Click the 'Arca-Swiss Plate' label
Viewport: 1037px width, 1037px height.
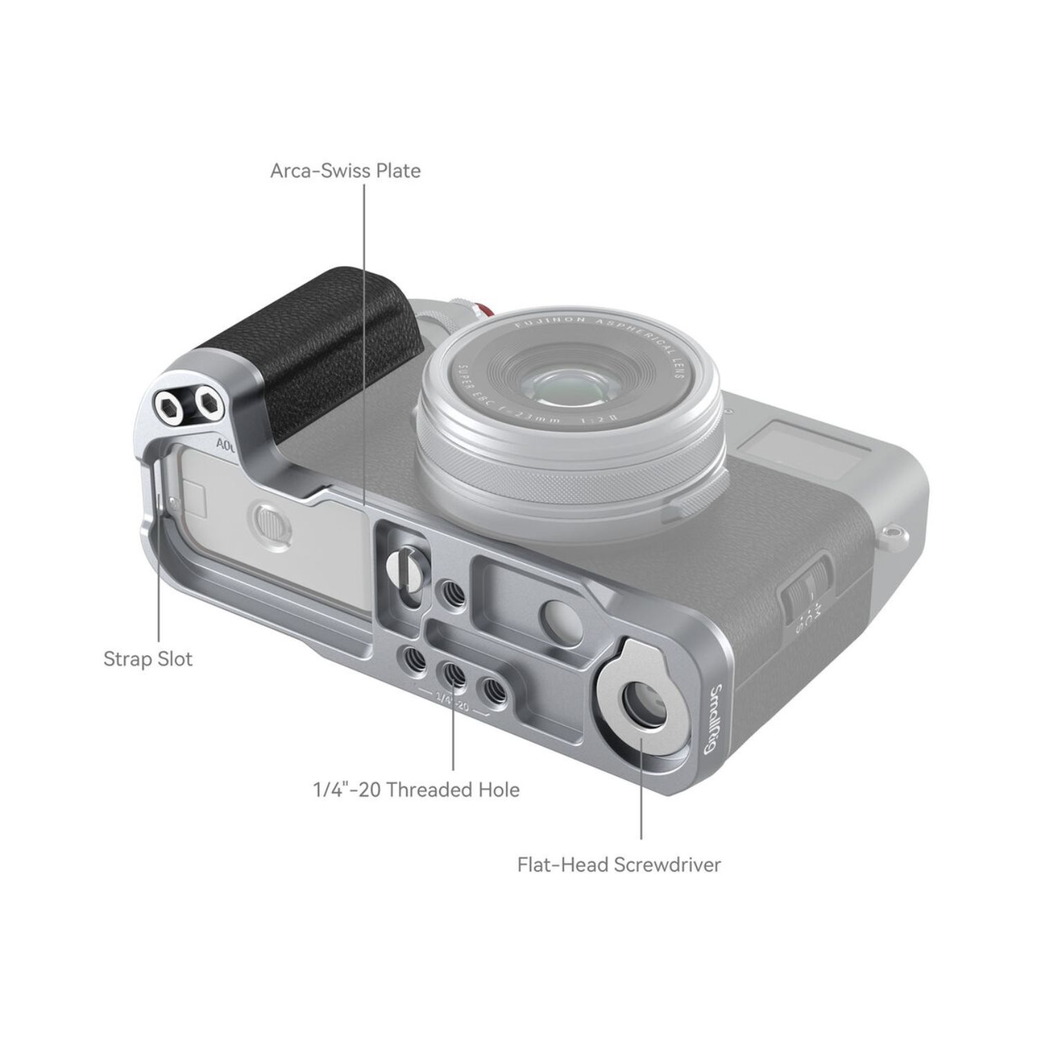point(345,170)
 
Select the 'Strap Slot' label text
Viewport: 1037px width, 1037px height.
point(148,659)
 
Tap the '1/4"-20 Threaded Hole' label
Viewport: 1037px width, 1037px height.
point(415,789)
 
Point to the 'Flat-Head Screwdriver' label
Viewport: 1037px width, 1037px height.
point(619,864)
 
